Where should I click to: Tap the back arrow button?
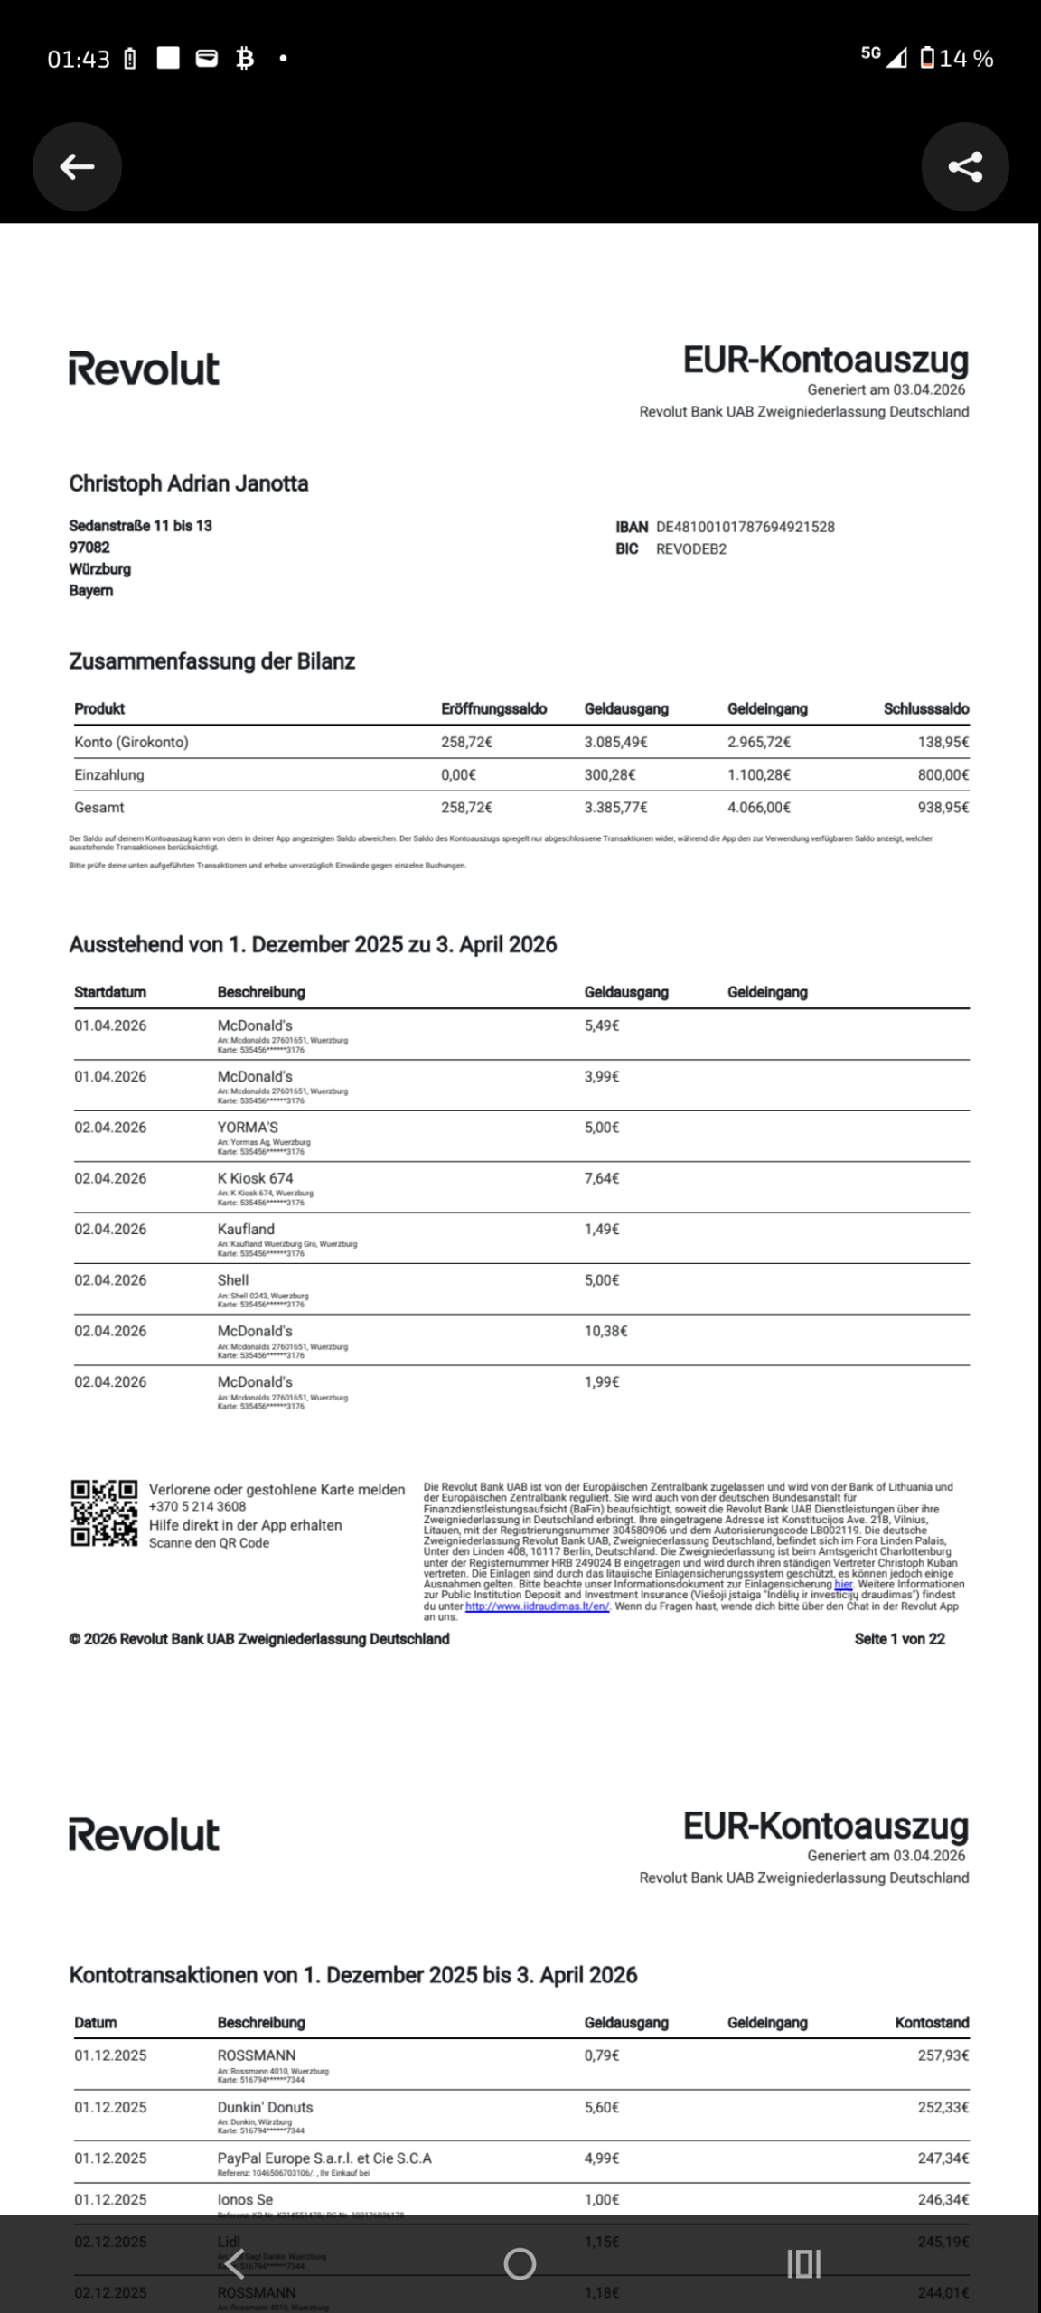[77, 166]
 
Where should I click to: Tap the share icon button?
[964, 166]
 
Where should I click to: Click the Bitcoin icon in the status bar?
[244, 59]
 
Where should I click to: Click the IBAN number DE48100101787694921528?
[745, 527]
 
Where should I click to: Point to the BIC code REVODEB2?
[690, 548]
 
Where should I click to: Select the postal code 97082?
[89, 548]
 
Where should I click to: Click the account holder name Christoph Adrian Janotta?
[189, 484]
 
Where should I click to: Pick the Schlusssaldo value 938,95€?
[944, 808]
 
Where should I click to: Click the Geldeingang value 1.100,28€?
[759, 775]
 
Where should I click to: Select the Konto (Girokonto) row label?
[131, 743]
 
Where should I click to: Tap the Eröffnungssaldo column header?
[493, 709]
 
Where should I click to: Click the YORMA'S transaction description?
[248, 1128]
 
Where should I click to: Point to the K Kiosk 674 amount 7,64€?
[602, 1178]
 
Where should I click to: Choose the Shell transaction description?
[233, 1280]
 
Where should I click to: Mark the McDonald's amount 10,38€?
[605, 1331]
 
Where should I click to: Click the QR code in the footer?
[104, 1512]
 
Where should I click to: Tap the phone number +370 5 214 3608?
[197, 1506]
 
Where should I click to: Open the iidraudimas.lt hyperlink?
[538, 1606]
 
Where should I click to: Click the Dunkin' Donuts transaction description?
[265, 2107]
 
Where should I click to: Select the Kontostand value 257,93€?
[943, 2055]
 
